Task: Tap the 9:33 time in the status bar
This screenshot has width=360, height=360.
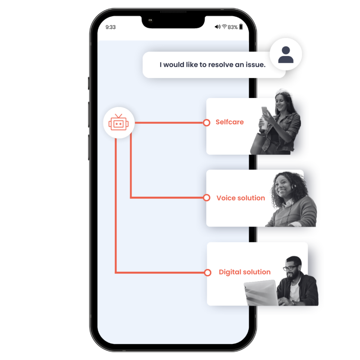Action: click(x=111, y=27)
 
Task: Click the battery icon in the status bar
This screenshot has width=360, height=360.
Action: click(x=241, y=27)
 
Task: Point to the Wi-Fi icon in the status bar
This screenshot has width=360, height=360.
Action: click(x=224, y=27)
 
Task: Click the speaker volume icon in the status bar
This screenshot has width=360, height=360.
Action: click(x=217, y=27)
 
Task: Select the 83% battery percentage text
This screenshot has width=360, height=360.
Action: click(x=233, y=27)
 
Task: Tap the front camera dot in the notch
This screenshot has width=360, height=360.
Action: click(x=150, y=20)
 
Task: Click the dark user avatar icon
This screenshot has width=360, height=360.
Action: click(x=286, y=55)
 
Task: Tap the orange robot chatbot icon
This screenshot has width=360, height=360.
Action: click(x=118, y=122)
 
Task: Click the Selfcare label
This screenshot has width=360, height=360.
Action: click(x=230, y=122)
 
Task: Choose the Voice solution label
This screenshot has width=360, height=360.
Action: click(x=240, y=198)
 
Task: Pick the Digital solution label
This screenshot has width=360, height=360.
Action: click(x=245, y=272)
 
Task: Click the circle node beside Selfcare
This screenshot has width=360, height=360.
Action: click(x=206, y=123)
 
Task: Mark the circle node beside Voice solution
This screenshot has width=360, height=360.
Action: click(x=207, y=198)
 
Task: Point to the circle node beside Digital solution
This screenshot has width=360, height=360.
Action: click(x=207, y=272)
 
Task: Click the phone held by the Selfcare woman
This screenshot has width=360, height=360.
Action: click(x=266, y=111)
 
